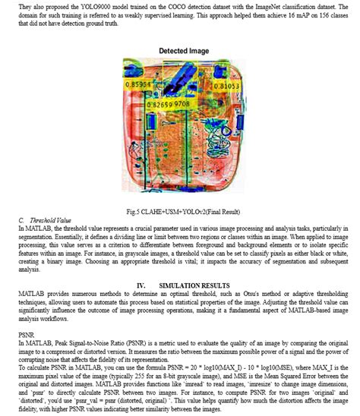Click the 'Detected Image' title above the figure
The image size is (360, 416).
183,50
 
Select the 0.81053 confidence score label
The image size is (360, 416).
226,87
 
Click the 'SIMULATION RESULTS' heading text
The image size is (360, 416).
198,283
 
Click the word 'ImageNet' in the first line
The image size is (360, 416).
267,7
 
